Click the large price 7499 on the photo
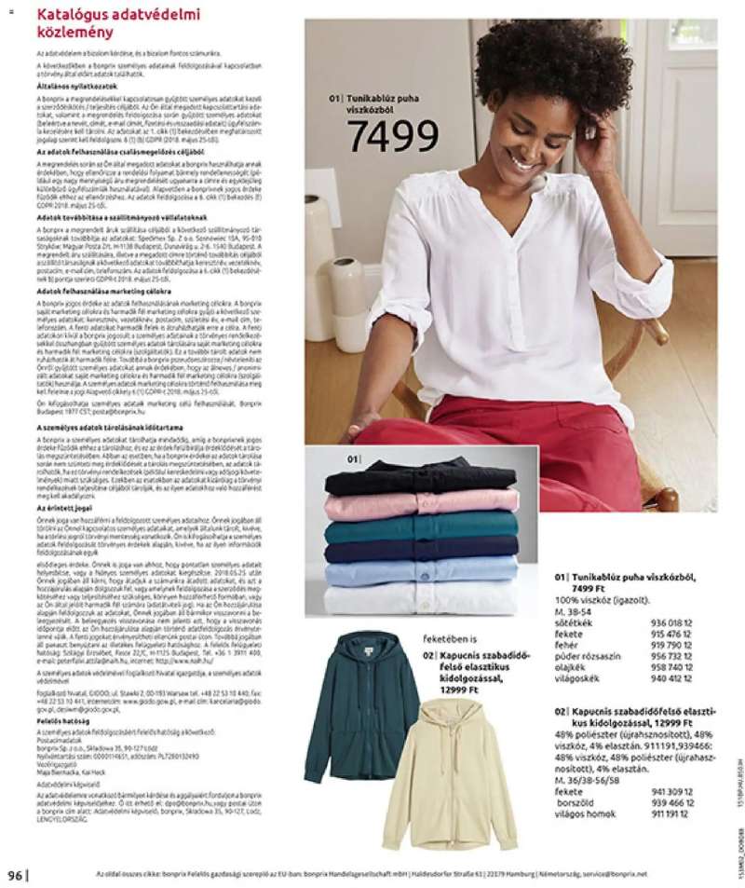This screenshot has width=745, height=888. (392, 136)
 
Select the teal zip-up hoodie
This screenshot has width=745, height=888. (360, 704)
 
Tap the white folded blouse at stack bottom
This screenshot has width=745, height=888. (421, 597)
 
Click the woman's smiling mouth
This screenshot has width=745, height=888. (523, 161)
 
